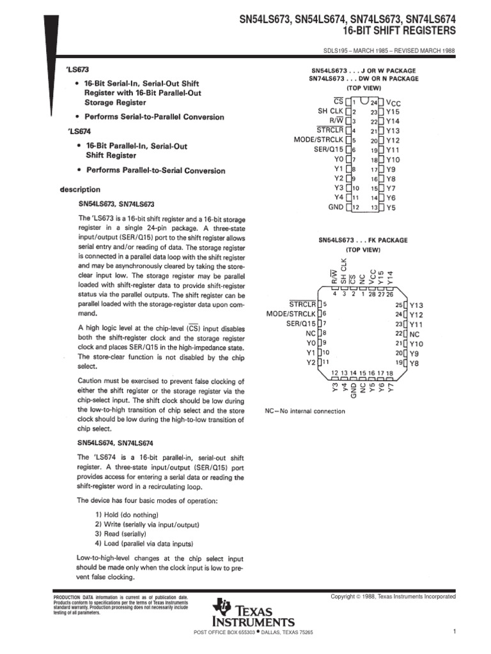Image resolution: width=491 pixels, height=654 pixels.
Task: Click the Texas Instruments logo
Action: click(255, 613)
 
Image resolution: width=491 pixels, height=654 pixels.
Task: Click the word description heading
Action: click(80, 190)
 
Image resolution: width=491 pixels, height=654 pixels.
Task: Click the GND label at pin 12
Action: click(336, 208)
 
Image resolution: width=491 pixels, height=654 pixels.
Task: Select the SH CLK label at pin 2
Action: click(331, 110)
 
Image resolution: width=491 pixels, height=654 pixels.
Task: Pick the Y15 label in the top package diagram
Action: click(393, 111)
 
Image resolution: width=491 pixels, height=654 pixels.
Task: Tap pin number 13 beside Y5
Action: click(375, 208)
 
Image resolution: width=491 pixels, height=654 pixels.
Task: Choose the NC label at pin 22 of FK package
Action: click(414, 334)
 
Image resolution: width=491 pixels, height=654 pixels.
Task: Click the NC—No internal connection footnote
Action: click(305, 411)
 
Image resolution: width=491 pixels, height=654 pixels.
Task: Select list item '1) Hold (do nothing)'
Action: click(127, 515)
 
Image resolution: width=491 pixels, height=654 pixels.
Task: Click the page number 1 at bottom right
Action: click(453, 632)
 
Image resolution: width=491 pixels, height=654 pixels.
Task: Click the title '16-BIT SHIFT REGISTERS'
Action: click(400, 30)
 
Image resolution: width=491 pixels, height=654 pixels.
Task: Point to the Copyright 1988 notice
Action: click(393, 597)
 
